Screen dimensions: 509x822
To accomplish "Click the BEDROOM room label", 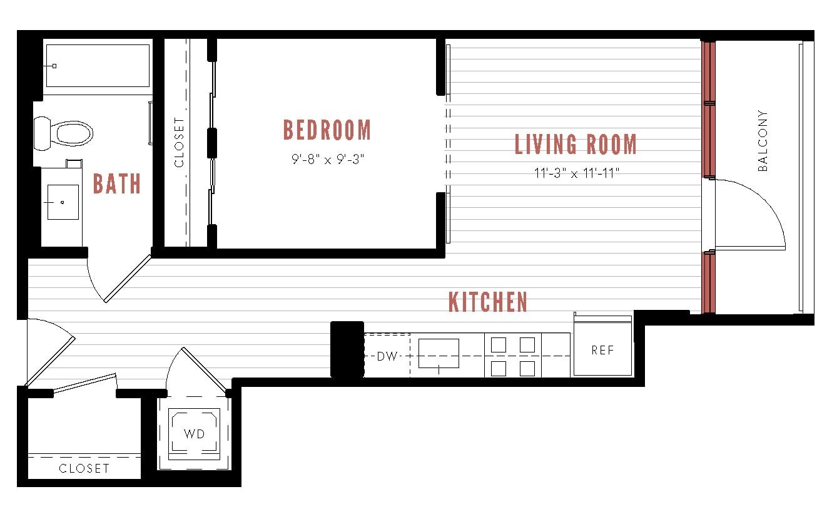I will point(327,130).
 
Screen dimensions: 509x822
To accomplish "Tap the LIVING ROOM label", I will point(576,145).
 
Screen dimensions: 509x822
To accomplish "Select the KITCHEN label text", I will point(488,302).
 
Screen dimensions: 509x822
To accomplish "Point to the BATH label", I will point(117,184).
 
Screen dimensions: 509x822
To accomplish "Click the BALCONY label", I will point(763,141).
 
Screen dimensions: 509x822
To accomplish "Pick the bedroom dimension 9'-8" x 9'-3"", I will point(327,159).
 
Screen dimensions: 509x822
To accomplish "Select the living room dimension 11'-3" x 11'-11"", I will point(576,173).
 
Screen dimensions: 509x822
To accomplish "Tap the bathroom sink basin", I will point(63,202).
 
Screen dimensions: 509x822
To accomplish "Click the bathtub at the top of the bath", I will point(98,66).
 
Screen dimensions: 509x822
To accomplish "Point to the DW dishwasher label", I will point(387,356).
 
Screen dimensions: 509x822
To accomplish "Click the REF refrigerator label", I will point(602,351).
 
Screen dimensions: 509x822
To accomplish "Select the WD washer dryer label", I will point(194,433).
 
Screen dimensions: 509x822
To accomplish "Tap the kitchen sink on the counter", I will point(439,354).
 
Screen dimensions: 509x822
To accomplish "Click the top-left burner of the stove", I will point(499,345).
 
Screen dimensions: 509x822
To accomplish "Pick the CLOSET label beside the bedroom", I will point(180,143).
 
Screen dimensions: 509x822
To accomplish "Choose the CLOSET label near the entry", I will point(84,468).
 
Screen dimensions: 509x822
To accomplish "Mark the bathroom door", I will point(128,279).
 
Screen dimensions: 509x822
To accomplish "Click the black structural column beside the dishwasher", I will point(347,349).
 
